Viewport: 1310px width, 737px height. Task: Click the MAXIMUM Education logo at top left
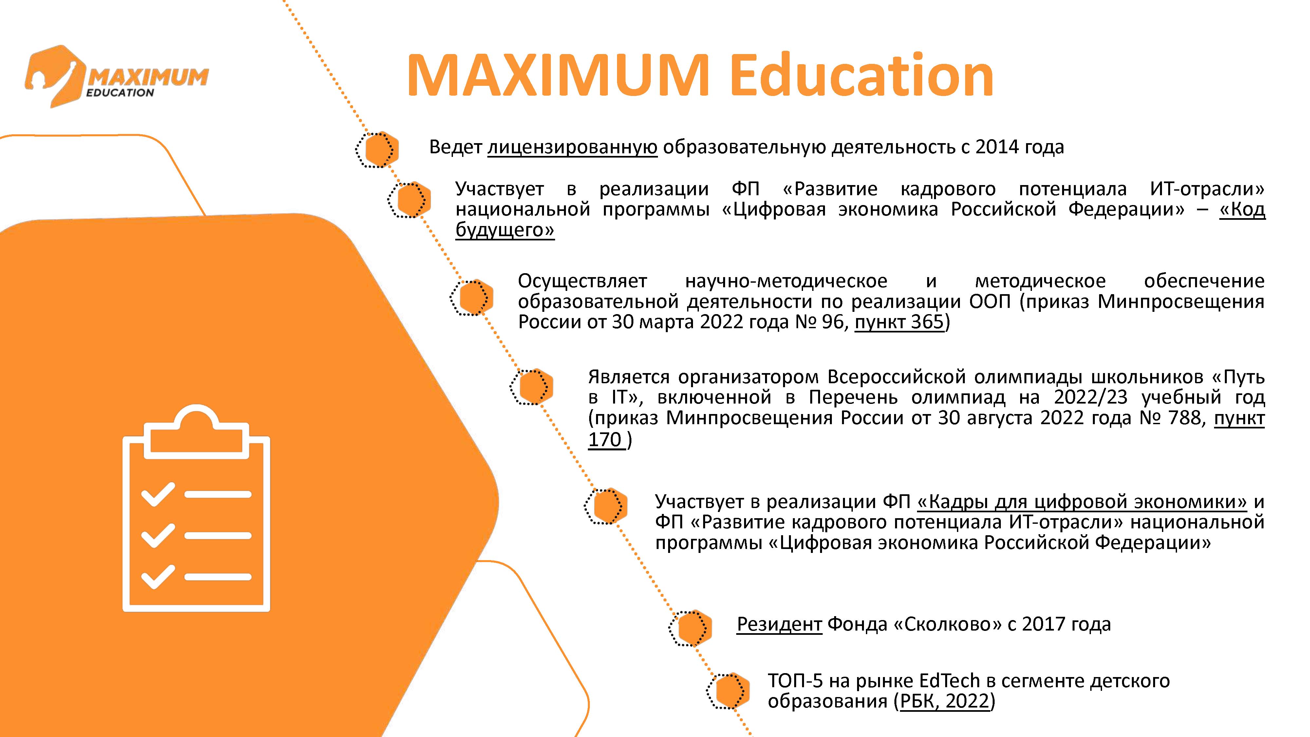coord(117,76)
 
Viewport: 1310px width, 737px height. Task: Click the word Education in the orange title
coord(862,76)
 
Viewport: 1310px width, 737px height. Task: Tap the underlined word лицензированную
coord(572,147)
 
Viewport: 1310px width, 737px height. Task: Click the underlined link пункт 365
coord(899,322)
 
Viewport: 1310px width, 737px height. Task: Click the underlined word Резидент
coord(779,624)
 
